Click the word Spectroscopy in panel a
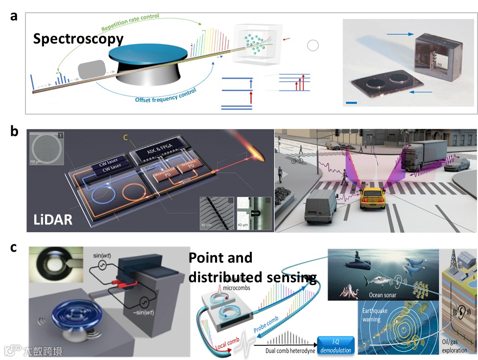[78, 38]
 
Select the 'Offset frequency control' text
[166, 96]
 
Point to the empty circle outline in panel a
[312, 46]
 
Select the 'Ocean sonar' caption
[395, 295]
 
